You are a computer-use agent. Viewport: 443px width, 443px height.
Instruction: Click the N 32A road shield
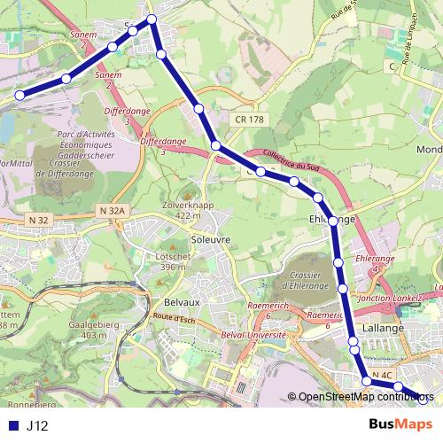tap(113, 211)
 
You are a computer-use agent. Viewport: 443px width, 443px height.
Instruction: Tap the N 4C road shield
tap(382, 377)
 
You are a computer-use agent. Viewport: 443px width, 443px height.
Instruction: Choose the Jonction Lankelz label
tap(391, 299)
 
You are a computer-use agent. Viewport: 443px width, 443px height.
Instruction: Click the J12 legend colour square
tap(12, 425)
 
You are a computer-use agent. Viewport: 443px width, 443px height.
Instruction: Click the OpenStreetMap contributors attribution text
tap(363, 396)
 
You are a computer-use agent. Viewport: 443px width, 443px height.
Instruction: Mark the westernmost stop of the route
tap(19, 93)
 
